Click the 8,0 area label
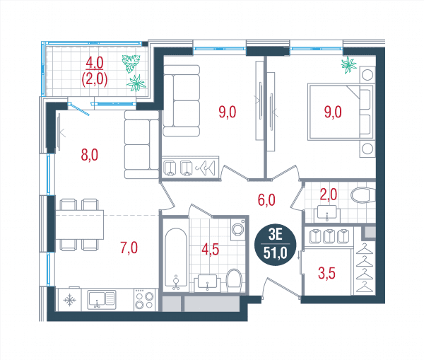(90, 155)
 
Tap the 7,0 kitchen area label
(129, 248)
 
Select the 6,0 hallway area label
(266, 200)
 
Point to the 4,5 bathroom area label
(211, 249)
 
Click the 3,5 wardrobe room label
(326, 273)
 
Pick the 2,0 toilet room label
(329, 194)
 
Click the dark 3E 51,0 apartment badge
(276, 245)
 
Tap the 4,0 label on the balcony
(95, 63)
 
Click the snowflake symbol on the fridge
(69, 300)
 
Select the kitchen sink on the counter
(102, 300)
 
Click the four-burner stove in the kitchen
(144, 300)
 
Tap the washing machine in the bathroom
(238, 229)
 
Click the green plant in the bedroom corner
(349, 65)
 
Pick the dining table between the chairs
(80, 225)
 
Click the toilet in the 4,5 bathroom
(234, 281)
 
